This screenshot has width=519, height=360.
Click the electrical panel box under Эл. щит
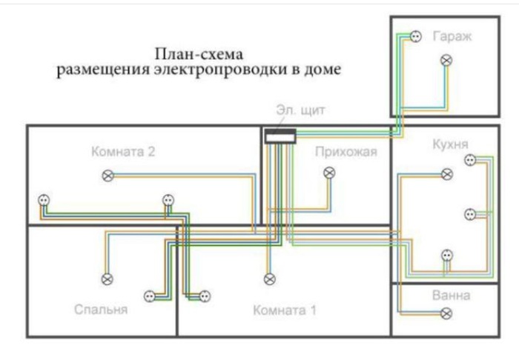click(x=281, y=135)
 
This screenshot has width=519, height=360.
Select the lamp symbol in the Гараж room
click(x=446, y=59)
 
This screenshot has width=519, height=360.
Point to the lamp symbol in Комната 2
click(x=108, y=176)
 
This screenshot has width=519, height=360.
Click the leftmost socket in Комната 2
click(x=43, y=200)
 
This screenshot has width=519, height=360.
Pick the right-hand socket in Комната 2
click(x=168, y=200)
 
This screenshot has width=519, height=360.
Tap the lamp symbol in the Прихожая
click(x=330, y=173)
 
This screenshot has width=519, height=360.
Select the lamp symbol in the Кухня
click(x=446, y=174)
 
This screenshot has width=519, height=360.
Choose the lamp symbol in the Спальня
click(x=108, y=279)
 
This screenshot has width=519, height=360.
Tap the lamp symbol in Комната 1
click(x=268, y=279)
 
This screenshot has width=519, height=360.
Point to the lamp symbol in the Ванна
click(x=446, y=313)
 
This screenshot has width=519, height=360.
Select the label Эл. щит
click(x=297, y=111)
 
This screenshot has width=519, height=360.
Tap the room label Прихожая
click(x=346, y=153)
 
